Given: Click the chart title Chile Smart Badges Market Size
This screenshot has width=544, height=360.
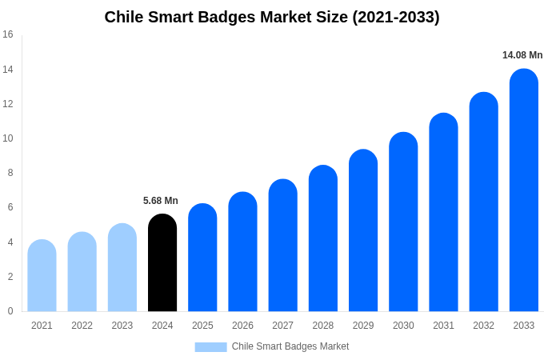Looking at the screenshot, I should pyautogui.click(x=272, y=17).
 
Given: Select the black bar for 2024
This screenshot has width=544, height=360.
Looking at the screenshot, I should pyautogui.click(x=162, y=264).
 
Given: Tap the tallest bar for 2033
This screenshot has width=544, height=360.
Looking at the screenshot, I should pyautogui.click(x=524, y=192).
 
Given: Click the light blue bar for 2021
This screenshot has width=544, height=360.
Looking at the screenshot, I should pyautogui.click(x=42, y=276).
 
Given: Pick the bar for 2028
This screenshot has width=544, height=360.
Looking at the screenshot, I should pyautogui.click(x=323, y=240).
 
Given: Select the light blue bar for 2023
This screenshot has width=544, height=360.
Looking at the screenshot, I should pyautogui.click(x=122, y=268).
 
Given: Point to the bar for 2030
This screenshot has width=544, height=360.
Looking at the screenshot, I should pyautogui.click(x=403, y=224).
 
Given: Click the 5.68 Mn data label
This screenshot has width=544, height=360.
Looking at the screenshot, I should pyautogui.click(x=161, y=201).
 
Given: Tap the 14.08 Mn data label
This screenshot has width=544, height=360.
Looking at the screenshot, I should pyautogui.click(x=522, y=55).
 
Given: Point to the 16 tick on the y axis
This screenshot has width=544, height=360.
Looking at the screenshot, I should pyautogui.click(x=8, y=34).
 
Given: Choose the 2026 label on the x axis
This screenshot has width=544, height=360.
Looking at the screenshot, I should pyautogui.click(x=242, y=326).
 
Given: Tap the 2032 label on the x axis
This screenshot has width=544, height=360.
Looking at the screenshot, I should pyautogui.click(x=483, y=326).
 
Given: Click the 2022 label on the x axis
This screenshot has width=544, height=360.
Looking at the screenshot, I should pyautogui.click(x=82, y=326).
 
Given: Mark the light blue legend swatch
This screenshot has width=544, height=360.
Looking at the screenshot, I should pyautogui.click(x=210, y=347).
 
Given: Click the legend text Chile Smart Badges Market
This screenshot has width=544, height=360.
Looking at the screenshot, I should pyautogui.click(x=290, y=346).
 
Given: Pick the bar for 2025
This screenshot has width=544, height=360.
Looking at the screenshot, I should pyautogui.click(x=202, y=258).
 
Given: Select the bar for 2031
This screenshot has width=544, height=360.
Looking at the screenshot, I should pyautogui.click(x=443, y=214).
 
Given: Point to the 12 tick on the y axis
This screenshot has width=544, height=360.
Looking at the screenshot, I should pyautogui.click(x=8, y=104).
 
